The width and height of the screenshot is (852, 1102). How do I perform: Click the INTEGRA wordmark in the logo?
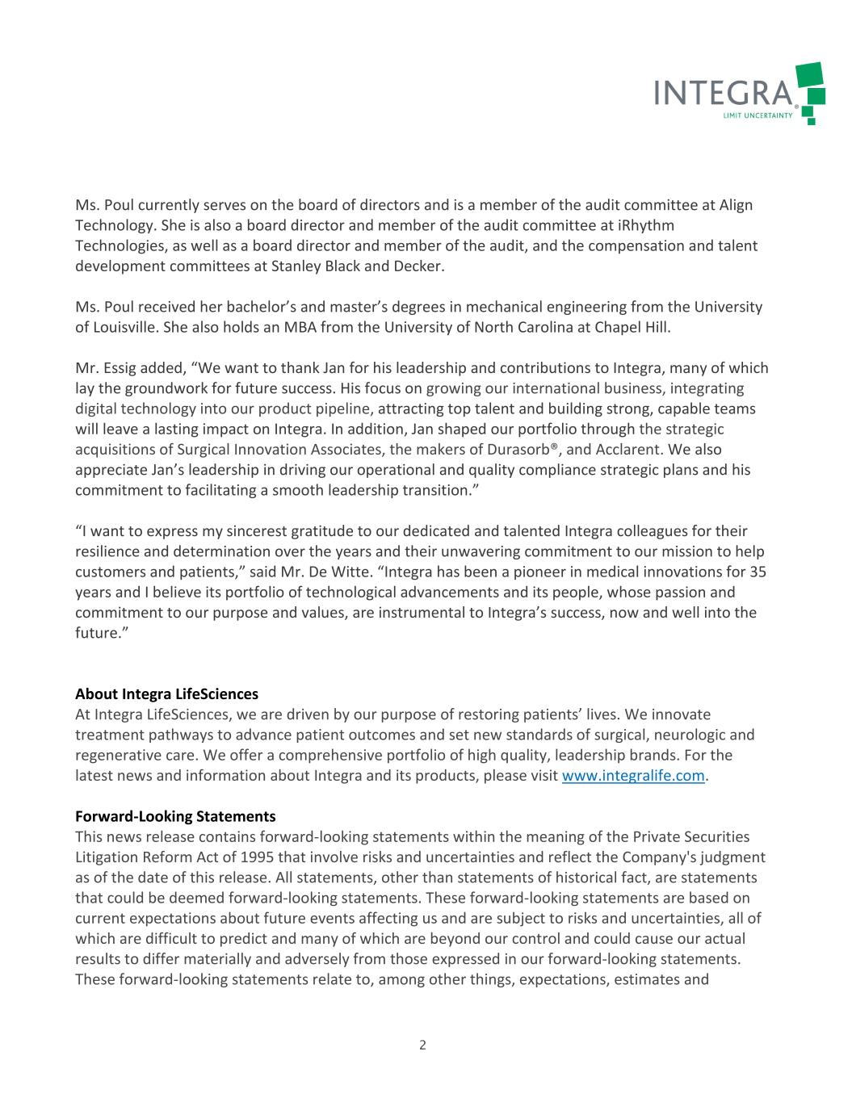(x=723, y=93)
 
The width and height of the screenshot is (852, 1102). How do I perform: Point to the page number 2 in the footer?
(x=422, y=1045)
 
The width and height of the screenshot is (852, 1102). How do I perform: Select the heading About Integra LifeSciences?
(x=166, y=693)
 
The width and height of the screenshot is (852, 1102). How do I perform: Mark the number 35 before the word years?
(x=758, y=572)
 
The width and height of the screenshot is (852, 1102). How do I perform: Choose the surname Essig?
(x=120, y=368)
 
